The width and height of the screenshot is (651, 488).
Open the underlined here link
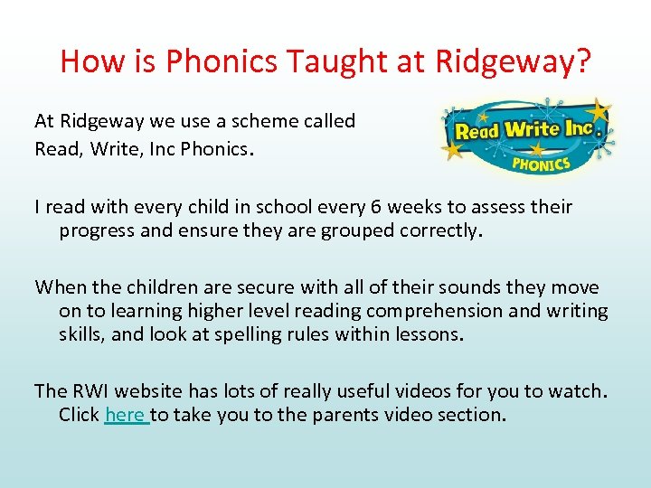[x=126, y=415]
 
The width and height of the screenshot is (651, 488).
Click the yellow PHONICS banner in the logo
[x=541, y=163]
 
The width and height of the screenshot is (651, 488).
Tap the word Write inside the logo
[x=532, y=129]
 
